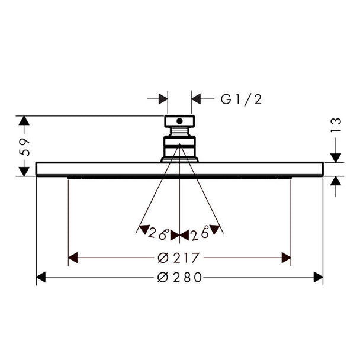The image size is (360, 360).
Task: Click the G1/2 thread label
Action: [241, 99]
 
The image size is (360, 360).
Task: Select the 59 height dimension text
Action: [24, 147]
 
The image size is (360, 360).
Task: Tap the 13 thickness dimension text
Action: [336, 125]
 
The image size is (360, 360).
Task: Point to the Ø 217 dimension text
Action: [178, 258]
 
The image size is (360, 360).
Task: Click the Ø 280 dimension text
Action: [179, 277]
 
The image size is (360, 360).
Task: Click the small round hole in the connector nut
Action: [179, 121]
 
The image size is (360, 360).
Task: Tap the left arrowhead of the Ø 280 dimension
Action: [41, 277]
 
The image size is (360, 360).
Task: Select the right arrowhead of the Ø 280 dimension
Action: [319, 277]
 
